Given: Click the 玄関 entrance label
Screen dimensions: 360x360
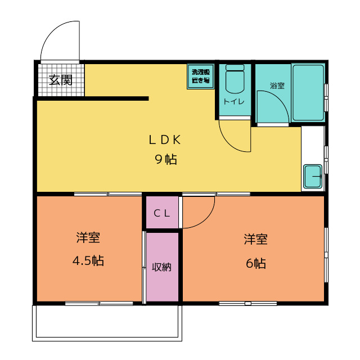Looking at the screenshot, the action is coord(61,80).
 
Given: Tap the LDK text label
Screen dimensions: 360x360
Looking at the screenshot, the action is coord(165,139).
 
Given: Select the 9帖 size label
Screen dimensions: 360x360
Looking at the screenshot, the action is coord(166,159).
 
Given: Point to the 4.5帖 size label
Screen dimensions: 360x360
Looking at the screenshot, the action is coord(88,260).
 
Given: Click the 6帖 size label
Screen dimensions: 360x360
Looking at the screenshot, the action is coord(256,263).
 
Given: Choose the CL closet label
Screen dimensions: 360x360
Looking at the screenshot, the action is coord(162,213).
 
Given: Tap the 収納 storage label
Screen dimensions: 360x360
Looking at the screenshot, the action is coord(162,267).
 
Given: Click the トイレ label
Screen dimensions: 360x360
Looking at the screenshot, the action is coord(234,101).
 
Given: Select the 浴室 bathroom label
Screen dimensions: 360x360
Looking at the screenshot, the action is coord(277,85).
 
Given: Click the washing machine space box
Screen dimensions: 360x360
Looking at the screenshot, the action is coord(201,76).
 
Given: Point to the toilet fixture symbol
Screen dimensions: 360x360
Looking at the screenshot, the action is coord(235,79).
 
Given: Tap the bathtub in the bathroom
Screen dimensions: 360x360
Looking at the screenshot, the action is coord(308,93).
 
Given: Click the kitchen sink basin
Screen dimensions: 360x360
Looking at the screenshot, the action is coord(313,176).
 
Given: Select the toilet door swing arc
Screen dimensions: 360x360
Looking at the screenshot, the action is coord(228,142).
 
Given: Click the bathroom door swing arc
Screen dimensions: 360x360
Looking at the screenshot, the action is coord(280,99).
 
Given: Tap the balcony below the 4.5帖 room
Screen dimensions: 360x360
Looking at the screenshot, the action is coord(107,323).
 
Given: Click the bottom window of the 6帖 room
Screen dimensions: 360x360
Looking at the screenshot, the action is coord(248,303).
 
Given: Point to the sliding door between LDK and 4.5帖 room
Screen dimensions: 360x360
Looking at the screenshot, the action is coord(108,194).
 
